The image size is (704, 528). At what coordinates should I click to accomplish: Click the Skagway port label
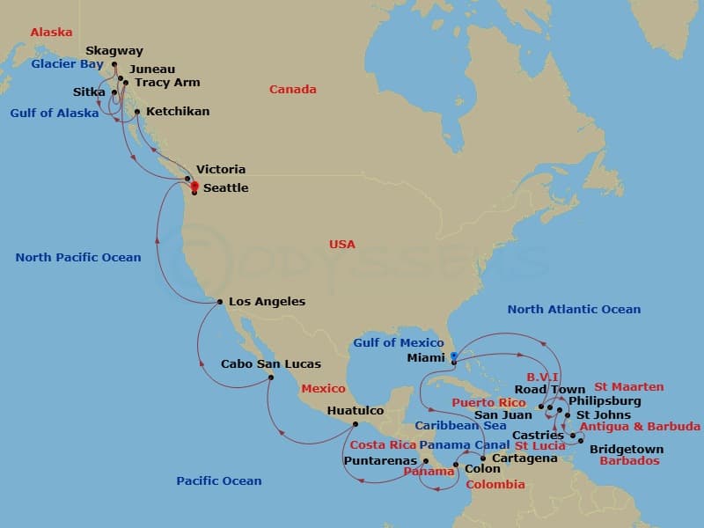(114, 51)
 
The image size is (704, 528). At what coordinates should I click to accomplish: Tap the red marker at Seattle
(194, 186)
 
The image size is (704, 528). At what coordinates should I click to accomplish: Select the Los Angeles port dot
(220, 302)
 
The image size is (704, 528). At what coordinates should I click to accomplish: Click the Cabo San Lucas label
(271, 363)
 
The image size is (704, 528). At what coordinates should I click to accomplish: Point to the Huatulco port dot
(355, 424)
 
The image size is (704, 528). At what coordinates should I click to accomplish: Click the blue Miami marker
(453, 357)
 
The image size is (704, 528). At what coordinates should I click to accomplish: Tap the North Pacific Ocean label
(78, 258)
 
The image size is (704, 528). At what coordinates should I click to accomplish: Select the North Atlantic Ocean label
(574, 309)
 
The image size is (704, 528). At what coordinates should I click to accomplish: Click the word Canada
(293, 90)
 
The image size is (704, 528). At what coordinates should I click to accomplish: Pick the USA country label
(342, 244)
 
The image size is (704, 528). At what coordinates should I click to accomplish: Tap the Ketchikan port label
(178, 113)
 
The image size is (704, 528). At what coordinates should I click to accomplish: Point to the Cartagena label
(525, 458)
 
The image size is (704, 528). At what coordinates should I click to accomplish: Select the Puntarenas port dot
(425, 460)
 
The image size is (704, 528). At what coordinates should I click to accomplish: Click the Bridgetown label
(627, 449)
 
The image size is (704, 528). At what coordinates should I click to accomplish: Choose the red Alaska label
(51, 33)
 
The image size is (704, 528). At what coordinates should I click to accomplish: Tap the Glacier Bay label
(68, 64)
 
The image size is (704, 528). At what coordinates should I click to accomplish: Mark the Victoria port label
(221, 169)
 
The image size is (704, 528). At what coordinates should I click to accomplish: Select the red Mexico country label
(323, 388)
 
